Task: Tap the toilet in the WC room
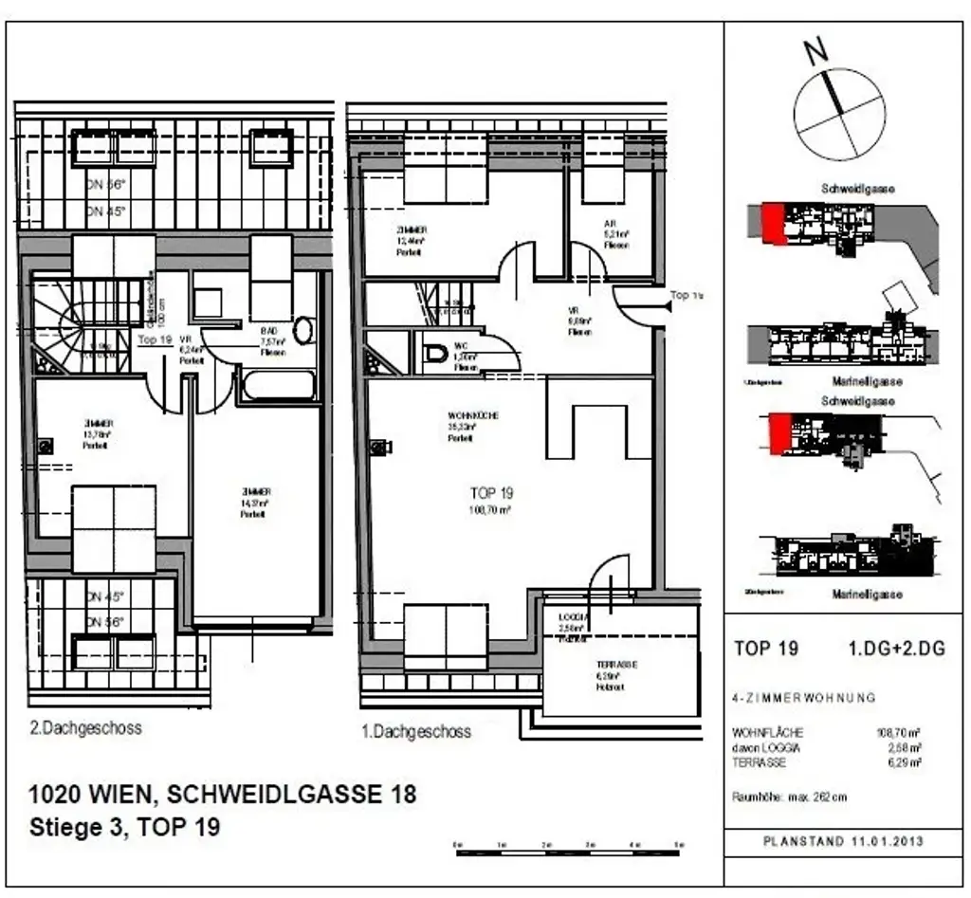436,354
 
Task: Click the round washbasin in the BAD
303,330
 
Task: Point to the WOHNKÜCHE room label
473,416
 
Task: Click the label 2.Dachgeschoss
85,728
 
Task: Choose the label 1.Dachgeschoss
416,731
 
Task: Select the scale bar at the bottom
568,851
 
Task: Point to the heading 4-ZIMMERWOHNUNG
804,698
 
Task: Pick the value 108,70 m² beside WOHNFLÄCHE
900,732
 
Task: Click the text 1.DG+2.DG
897,649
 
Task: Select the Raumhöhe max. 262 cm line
790,797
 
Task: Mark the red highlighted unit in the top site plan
775,223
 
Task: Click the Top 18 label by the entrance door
685,295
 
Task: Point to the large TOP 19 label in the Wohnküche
491,493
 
